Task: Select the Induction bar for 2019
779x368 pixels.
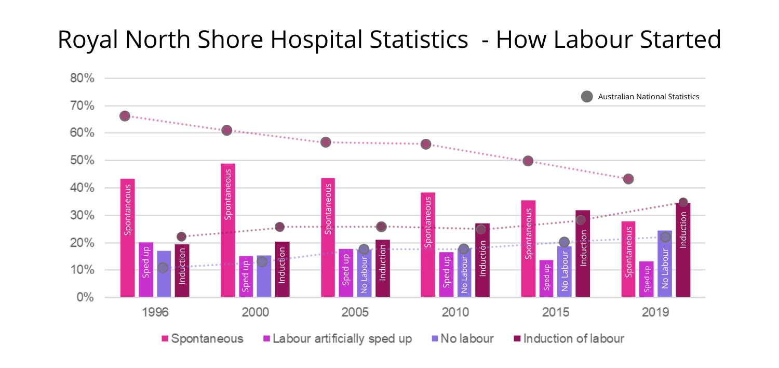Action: pos(683,250)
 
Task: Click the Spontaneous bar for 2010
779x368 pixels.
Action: pos(428,245)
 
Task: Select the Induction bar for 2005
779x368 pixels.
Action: pos(383,268)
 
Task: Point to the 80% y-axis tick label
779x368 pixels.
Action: pos(82,78)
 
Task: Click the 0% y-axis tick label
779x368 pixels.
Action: pos(85,297)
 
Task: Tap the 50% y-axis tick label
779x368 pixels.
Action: pos(82,161)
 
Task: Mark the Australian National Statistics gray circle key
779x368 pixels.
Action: pos(587,97)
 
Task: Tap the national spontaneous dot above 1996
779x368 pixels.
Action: pos(125,116)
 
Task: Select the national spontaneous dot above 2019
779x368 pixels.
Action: pos(628,179)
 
